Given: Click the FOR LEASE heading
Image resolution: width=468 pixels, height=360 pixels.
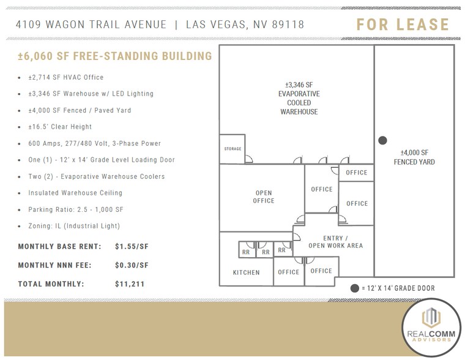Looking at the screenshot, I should pos(403,25).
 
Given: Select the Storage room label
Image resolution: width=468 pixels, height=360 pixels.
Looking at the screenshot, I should pos(232,149).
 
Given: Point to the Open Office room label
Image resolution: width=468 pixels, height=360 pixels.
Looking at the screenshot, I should pos(264,197).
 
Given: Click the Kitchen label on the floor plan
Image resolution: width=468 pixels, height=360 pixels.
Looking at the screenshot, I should pos(246,272).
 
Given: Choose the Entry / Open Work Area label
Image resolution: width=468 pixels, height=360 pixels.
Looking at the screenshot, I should pos(336,242).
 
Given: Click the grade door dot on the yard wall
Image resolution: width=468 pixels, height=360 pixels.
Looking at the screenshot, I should pos(383,140).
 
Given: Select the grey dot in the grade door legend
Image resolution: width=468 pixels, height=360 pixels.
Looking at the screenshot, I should pos(354,288).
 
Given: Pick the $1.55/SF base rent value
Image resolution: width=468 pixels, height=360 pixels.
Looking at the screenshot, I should pos(132,247).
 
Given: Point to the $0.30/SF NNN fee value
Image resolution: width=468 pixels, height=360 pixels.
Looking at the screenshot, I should pos(132,265).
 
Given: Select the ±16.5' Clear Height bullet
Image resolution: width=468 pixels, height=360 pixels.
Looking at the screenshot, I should pos(60,127).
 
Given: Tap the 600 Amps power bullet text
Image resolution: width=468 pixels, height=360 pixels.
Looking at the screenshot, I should pos(94,143).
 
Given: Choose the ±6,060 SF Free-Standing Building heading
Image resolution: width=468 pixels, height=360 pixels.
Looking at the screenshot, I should pos(115,56).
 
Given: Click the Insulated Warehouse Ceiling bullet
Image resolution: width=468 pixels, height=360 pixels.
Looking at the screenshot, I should pos(75,193).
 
